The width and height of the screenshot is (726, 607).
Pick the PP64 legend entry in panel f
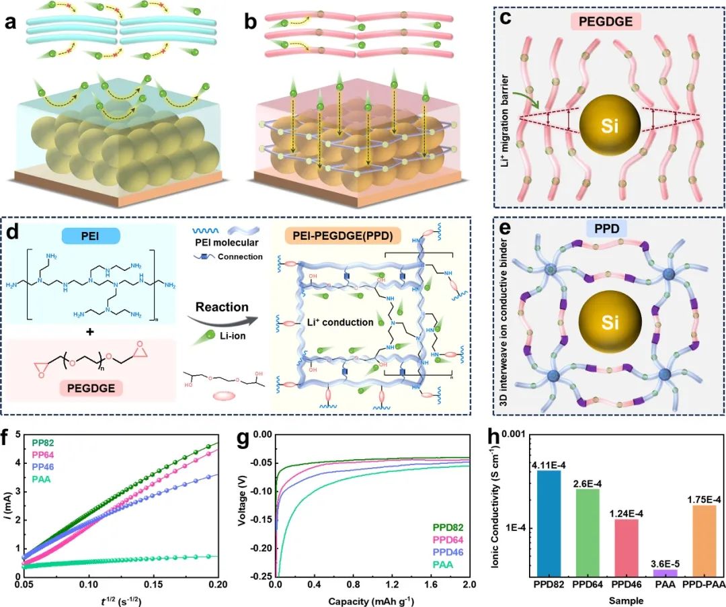44,454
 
